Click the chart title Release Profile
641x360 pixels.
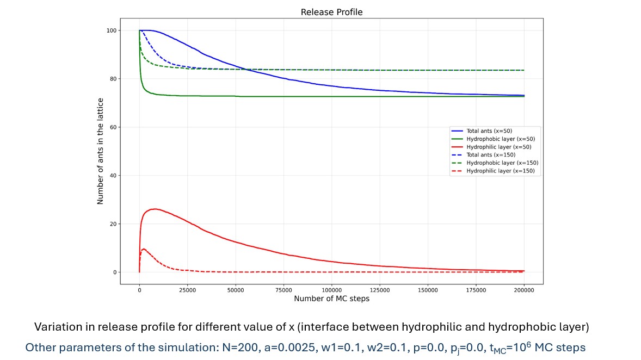331,12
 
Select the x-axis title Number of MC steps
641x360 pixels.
331,299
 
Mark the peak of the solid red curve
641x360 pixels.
156,209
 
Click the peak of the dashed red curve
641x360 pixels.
143,249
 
